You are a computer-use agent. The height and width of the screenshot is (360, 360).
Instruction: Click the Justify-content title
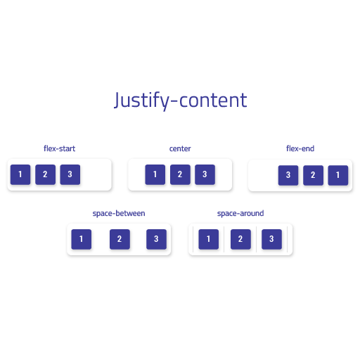click(180, 101)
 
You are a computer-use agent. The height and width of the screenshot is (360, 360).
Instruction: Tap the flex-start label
click(59, 148)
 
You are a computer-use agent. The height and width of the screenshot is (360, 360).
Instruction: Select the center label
click(180, 148)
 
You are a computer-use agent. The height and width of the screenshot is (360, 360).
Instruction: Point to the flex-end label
click(300, 148)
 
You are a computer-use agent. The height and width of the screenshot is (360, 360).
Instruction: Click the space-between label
click(119, 214)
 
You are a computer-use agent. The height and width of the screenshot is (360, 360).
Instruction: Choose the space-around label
click(240, 214)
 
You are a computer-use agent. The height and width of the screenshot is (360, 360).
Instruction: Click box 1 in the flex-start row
click(20, 174)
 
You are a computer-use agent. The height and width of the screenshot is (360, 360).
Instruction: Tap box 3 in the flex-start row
click(70, 174)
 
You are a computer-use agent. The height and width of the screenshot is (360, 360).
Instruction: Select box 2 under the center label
click(180, 174)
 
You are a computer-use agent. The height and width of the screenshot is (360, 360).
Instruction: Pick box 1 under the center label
click(155, 174)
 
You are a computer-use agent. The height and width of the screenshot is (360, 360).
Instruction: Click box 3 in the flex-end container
click(288, 175)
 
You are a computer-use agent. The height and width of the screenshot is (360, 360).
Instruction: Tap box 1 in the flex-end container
click(338, 175)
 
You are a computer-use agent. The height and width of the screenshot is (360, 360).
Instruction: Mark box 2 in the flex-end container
click(313, 175)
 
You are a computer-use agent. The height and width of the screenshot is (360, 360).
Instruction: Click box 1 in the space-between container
click(82, 239)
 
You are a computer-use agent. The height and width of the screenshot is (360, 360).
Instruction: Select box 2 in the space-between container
click(120, 239)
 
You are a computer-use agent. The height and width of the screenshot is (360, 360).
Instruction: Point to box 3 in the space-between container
click(156, 239)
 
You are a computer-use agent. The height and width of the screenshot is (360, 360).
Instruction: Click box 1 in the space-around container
click(209, 239)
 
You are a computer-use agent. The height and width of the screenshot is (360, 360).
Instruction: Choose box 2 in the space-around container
click(240, 239)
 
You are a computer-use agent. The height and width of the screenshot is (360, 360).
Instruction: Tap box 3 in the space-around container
click(271, 239)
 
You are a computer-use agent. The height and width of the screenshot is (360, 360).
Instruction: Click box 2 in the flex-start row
click(45, 174)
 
